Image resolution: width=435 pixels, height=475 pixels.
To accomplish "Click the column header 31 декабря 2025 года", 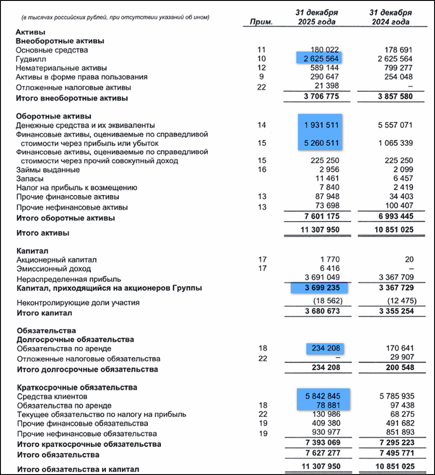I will (x=317, y=17).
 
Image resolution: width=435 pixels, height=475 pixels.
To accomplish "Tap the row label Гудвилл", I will (x=31, y=59).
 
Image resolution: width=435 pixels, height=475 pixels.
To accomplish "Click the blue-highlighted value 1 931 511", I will (x=320, y=125).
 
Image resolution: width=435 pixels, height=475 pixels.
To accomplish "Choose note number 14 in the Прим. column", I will (x=262, y=125).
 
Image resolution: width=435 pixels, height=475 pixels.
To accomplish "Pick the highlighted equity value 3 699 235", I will (x=320, y=288).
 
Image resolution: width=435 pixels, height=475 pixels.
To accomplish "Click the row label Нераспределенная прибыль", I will (x=68, y=279).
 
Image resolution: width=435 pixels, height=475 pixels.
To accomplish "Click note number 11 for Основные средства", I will (x=262, y=50).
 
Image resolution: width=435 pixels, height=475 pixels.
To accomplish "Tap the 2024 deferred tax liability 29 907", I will (x=400, y=357).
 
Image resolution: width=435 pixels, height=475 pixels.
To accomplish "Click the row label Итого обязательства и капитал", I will (x=78, y=469).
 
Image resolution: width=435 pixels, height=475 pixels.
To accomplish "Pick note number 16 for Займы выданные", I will (x=262, y=169).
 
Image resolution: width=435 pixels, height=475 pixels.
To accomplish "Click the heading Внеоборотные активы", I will (x=60, y=41).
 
